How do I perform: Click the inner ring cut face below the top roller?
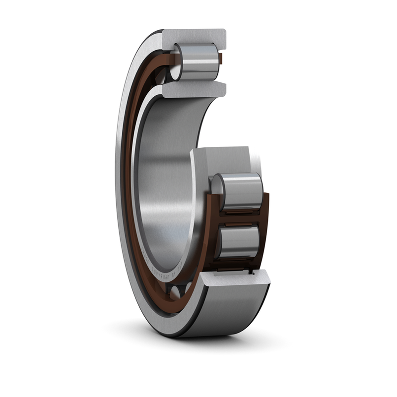194,90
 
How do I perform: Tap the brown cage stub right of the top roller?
221,61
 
